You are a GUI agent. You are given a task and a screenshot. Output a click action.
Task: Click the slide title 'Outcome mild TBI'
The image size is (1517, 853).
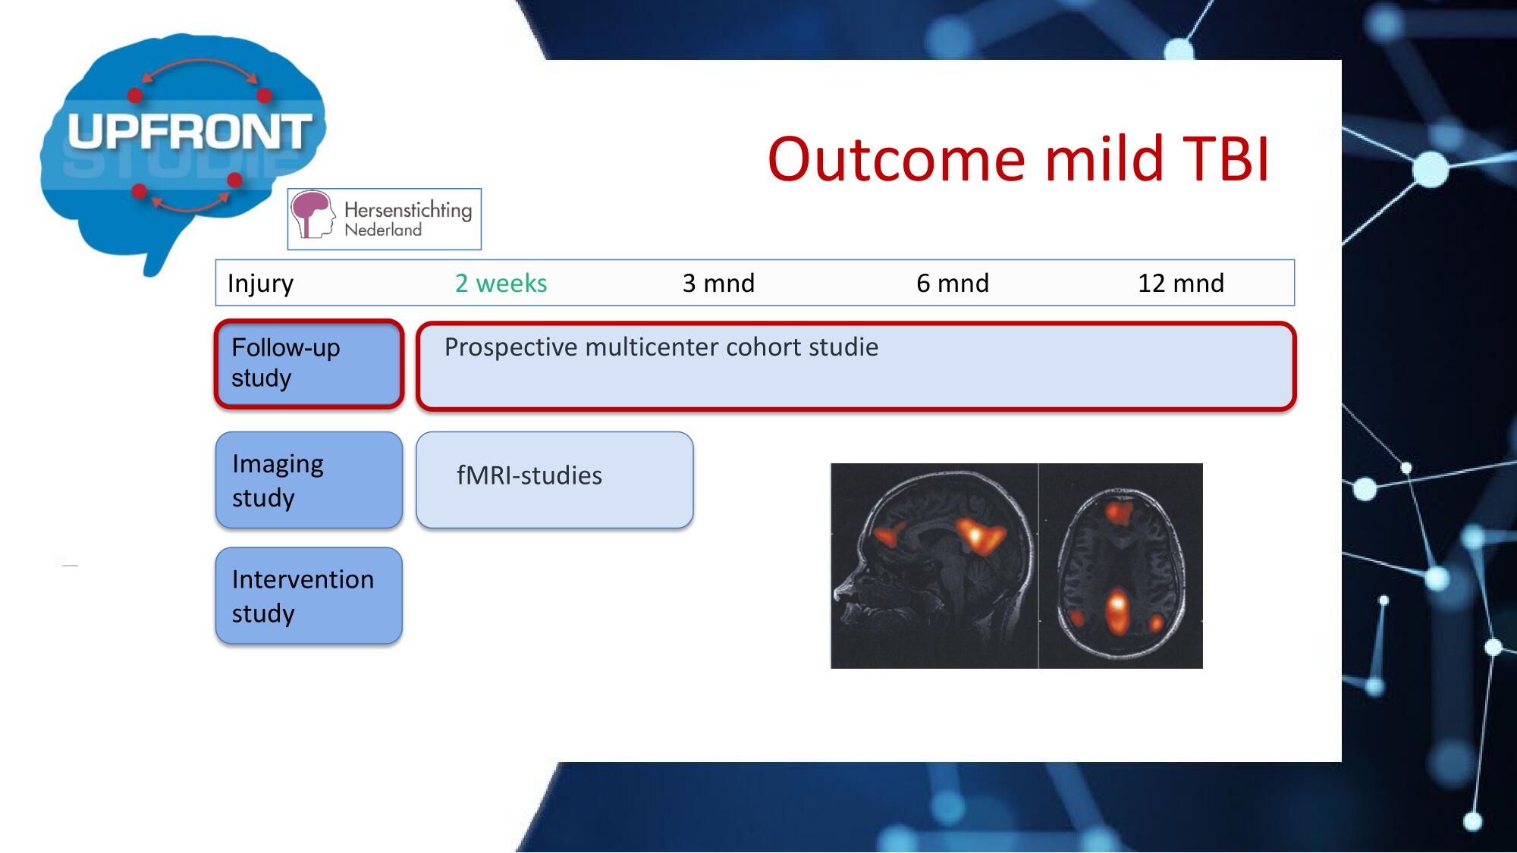tap(1019, 159)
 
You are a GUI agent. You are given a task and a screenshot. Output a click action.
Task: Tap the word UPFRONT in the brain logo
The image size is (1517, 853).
tap(190, 131)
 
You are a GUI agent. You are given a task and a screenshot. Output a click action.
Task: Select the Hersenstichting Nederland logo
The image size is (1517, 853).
tap(385, 219)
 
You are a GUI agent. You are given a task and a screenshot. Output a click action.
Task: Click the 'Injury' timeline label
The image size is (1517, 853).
tap(260, 284)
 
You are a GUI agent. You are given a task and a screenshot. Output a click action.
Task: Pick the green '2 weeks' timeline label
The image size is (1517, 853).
tap(501, 283)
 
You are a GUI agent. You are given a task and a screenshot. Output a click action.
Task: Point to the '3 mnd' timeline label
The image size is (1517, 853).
tap(718, 283)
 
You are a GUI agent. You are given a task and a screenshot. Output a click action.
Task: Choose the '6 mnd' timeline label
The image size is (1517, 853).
tap(953, 283)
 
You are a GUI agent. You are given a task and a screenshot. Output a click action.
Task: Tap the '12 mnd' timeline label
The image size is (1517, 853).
tap(1181, 283)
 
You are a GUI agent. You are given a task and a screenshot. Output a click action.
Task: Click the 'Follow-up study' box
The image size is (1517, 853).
tap(309, 364)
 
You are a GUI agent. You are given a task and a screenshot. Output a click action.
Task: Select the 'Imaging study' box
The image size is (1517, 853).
tap(309, 480)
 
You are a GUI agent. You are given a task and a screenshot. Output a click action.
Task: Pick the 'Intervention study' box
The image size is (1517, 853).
tap(309, 596)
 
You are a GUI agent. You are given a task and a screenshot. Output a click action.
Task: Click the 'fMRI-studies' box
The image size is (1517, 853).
tap(554, 480)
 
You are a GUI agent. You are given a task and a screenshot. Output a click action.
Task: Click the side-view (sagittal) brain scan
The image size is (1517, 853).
tap(934, 566)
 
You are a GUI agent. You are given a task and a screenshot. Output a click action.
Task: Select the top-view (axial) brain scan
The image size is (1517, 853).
tap(1121, 566)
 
